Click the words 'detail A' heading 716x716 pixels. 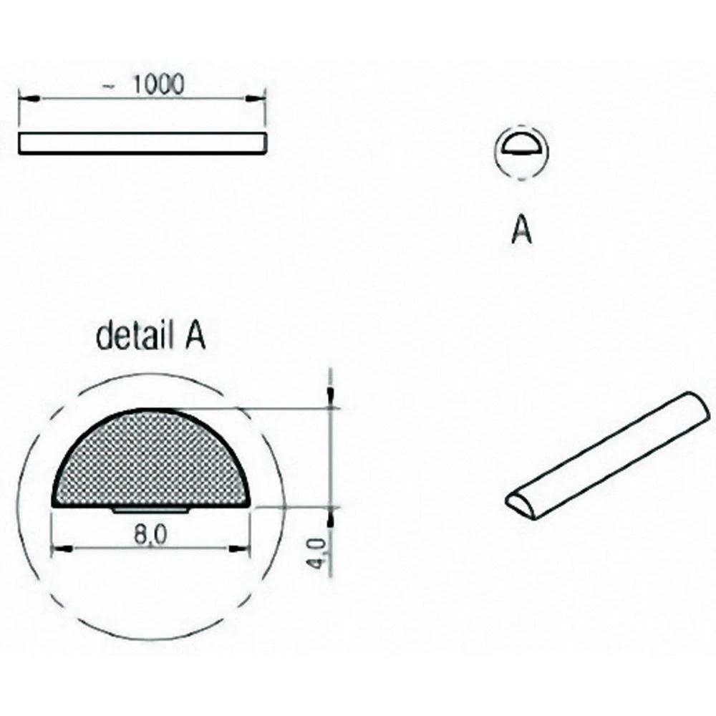click(150, 337)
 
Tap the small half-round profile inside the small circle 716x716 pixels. click(521, 147)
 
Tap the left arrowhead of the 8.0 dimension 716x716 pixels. click(62, 549)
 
